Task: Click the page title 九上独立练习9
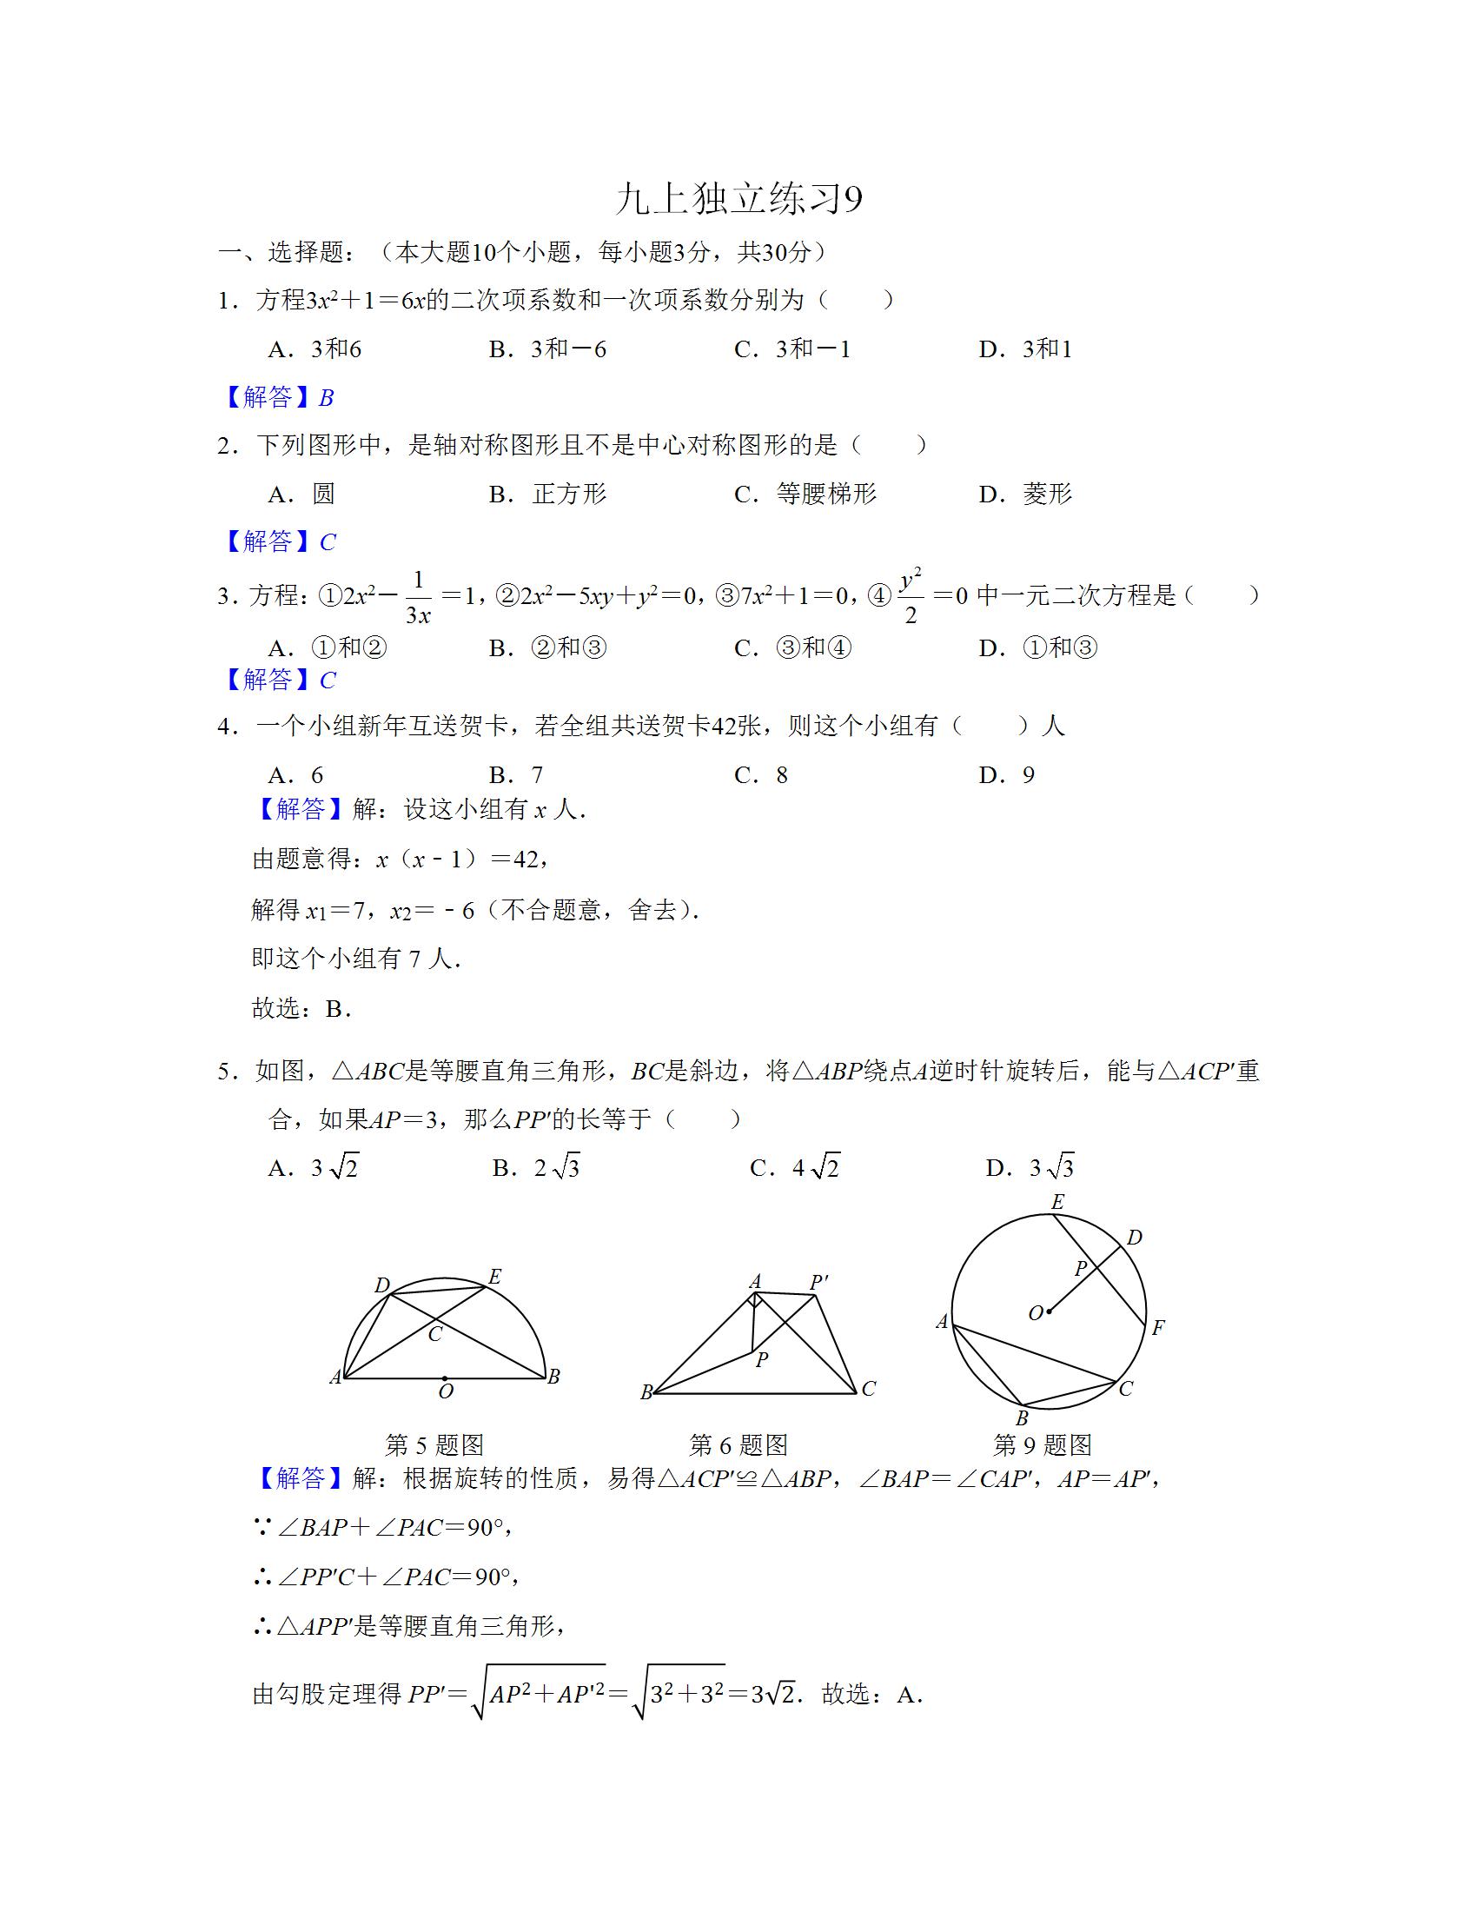(x=738, y=200)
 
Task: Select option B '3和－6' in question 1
(x=547, y=349)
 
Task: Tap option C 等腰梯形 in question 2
(x=805, y=494)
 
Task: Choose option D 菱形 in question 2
(x=1025, y=494)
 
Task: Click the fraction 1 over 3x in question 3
(x=417, y=597)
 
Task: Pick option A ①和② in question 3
(x=328, y=647)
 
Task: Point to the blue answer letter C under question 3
(x=328, y=680)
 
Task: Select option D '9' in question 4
(x=1008, y=774)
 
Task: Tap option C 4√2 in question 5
(x=794, y=1167)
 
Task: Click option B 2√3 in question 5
(x=536, y=1167)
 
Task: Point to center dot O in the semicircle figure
(x=445, y=1378)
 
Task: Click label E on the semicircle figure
(x=494, y=1278)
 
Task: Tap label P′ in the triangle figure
(x=819, y=1283)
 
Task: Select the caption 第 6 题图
(x=738, y=1444)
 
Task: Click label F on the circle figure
(x=1157, y=1328)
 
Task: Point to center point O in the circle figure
(x=1049, y=1311)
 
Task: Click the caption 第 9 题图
(x=1042, y=1444)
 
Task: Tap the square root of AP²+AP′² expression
(x=538, y=1694)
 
